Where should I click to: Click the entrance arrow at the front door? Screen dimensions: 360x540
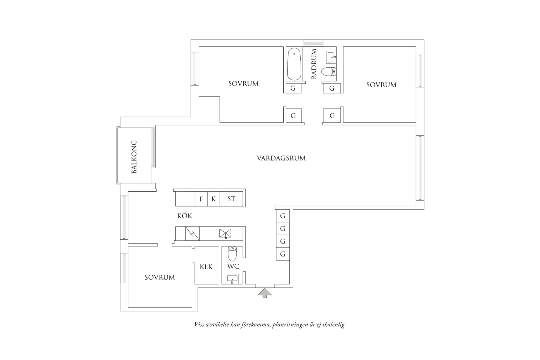265,293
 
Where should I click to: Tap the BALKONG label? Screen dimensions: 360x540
134,157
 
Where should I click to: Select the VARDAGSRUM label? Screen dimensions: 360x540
281,158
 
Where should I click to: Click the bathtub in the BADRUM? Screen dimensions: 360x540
294,64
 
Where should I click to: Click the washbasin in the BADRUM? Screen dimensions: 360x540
331,57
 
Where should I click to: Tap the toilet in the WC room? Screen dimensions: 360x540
232,254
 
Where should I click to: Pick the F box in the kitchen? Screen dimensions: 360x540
201,199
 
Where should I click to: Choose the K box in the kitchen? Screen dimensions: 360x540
214,199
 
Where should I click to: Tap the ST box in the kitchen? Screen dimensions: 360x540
231,199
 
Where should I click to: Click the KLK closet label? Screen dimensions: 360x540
206,267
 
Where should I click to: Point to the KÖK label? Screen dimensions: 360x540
185,216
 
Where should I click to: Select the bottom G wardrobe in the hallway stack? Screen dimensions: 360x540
283,254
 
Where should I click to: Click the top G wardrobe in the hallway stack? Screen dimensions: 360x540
283,216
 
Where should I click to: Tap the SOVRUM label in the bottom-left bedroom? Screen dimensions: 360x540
160,277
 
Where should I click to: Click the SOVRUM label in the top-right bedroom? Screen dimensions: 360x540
381,85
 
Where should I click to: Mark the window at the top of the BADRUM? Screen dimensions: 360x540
313,43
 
